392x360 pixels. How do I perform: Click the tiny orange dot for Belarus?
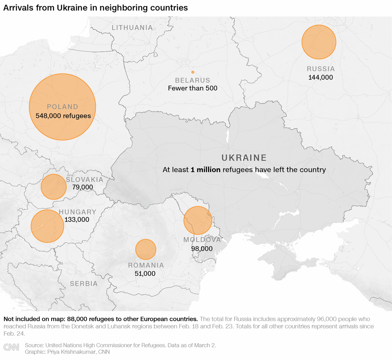click(x=193, y=72)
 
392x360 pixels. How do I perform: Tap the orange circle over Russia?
click(x=319, y=42)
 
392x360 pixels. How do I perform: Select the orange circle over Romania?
click(x=146, y=250)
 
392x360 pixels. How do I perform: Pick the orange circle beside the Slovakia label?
click(x=54, y=187)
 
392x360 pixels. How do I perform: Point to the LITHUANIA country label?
click(x=132, y=28)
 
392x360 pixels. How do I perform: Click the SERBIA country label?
click(x=84, y=284)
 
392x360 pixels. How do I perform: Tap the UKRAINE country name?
click(x=244, y=158)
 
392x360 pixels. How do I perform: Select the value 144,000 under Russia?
click(x=320, y=77)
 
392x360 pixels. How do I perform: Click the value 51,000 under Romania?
click(x=145, y=274)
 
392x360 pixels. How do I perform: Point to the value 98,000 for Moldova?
click(x=202, y=249)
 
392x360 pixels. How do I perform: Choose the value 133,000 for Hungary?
click(x=77, y=220)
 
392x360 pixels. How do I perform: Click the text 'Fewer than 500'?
click(x=192, y=88)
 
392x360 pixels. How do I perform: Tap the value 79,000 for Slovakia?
click(x=83, y=187)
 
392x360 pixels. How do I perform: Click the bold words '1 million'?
click(x=205, y=170)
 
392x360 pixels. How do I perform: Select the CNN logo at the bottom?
click(x=11, y=347)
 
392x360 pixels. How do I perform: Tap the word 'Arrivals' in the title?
click(x=18, y=8)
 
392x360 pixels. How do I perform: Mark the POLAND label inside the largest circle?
click(x=62, y=107)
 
